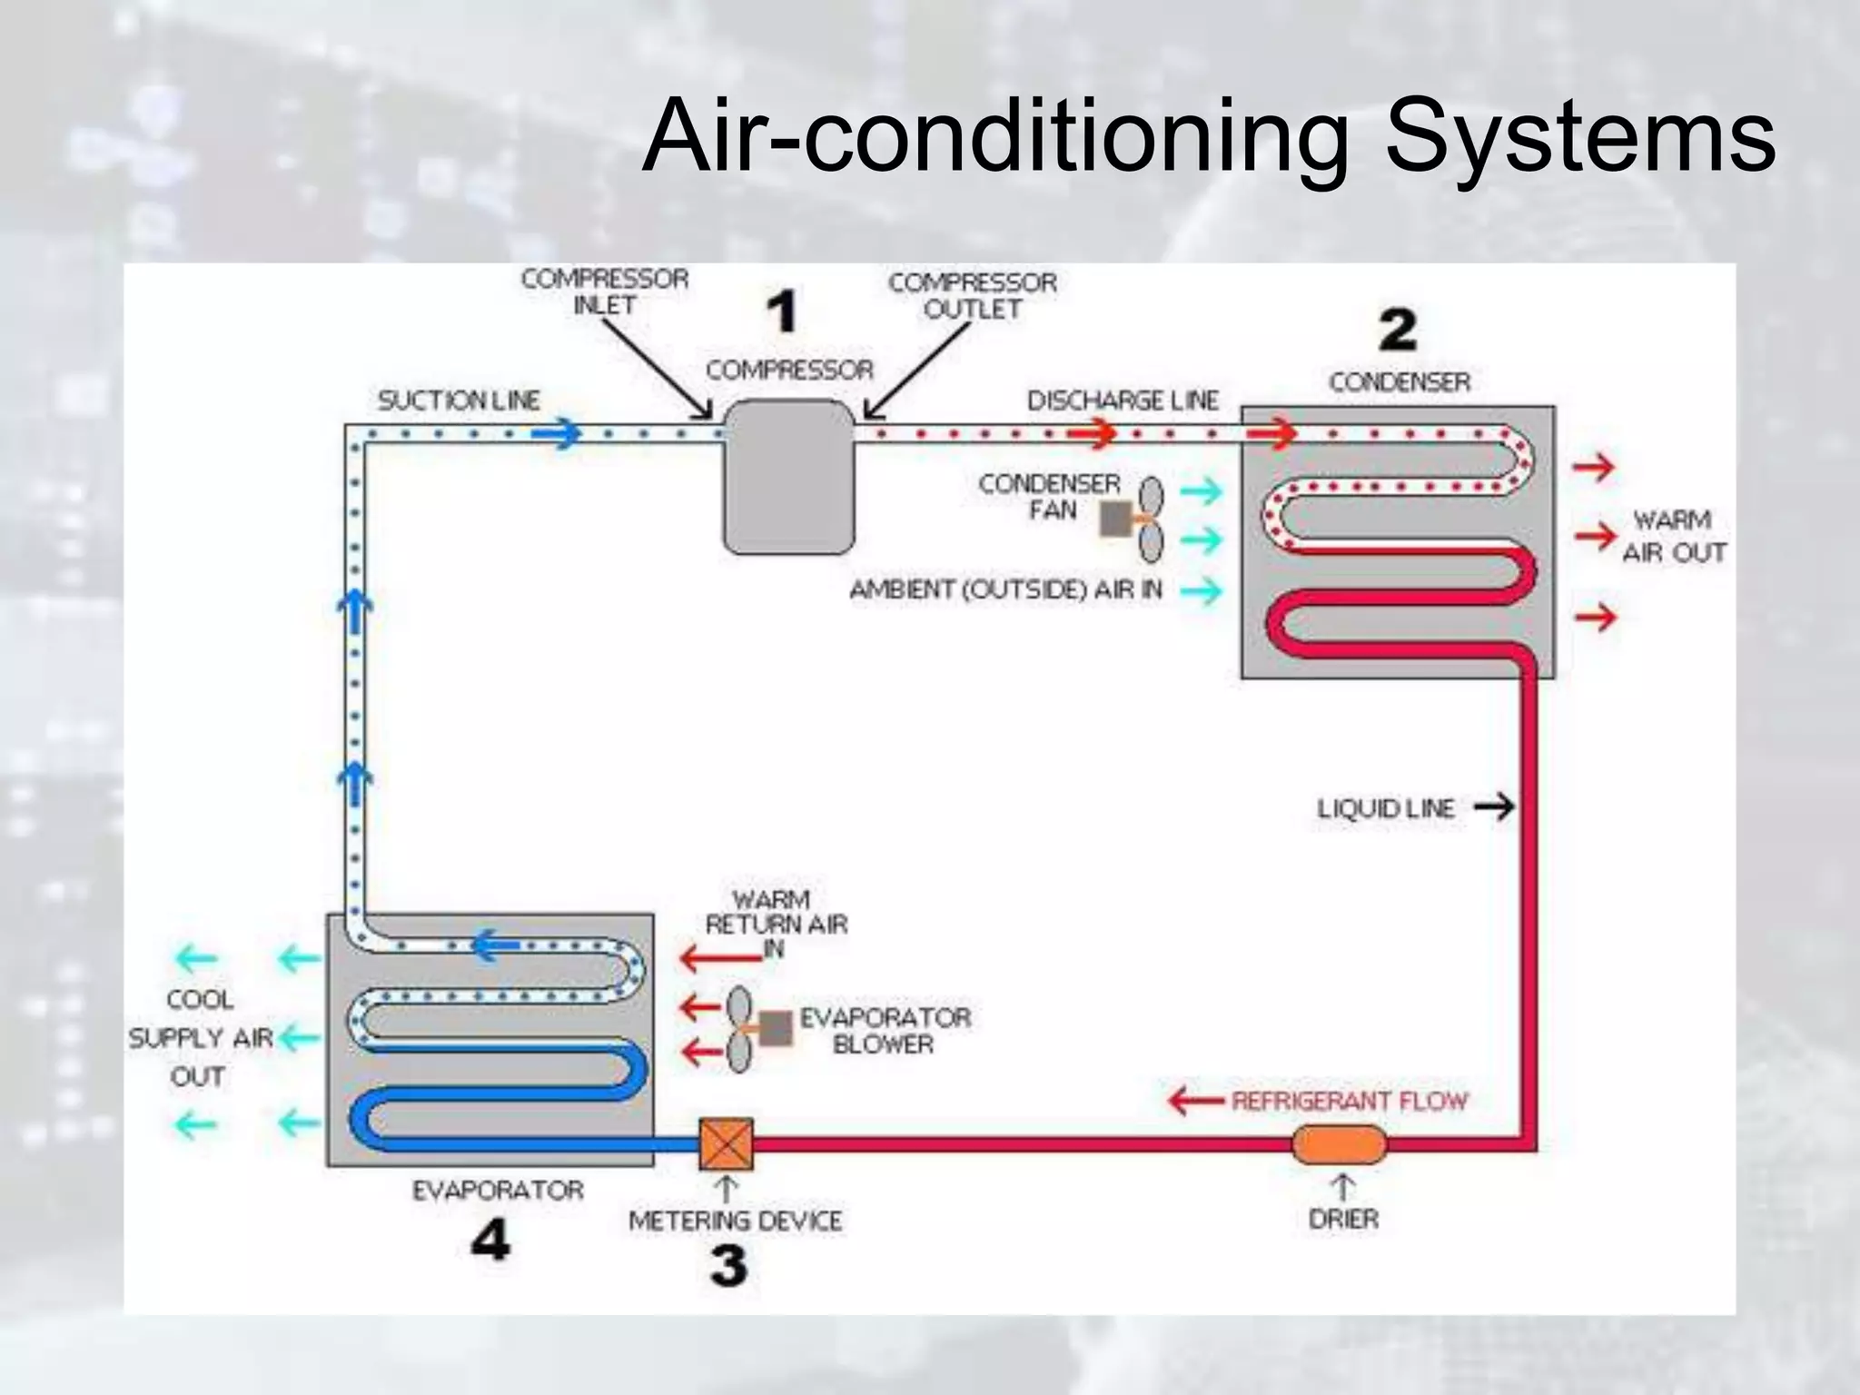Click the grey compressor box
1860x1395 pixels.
(788, 478)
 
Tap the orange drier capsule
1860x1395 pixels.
(1340, 1144)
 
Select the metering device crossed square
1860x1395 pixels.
(727, 1144)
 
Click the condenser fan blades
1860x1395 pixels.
(1151, 519)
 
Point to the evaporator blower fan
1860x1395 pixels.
(739, 1030)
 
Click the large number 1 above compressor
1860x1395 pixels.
(781, 312)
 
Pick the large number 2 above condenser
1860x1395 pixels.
(1398, 331)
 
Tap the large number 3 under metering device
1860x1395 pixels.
(728, 1265)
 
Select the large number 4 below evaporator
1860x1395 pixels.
(490, 1239)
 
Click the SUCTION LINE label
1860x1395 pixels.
(459, 401)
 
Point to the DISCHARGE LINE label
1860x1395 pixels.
(1123, 401)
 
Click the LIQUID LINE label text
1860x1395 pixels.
(1386, 808)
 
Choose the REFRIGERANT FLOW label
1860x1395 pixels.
(1350, 1101)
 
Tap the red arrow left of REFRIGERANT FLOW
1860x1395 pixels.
(1195, 1102)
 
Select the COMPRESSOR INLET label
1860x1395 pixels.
(605, 292)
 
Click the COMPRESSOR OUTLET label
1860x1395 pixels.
(973, 296)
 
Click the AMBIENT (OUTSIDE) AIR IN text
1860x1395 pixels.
(1005, 590)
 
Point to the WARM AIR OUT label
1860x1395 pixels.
(1673, 536)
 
